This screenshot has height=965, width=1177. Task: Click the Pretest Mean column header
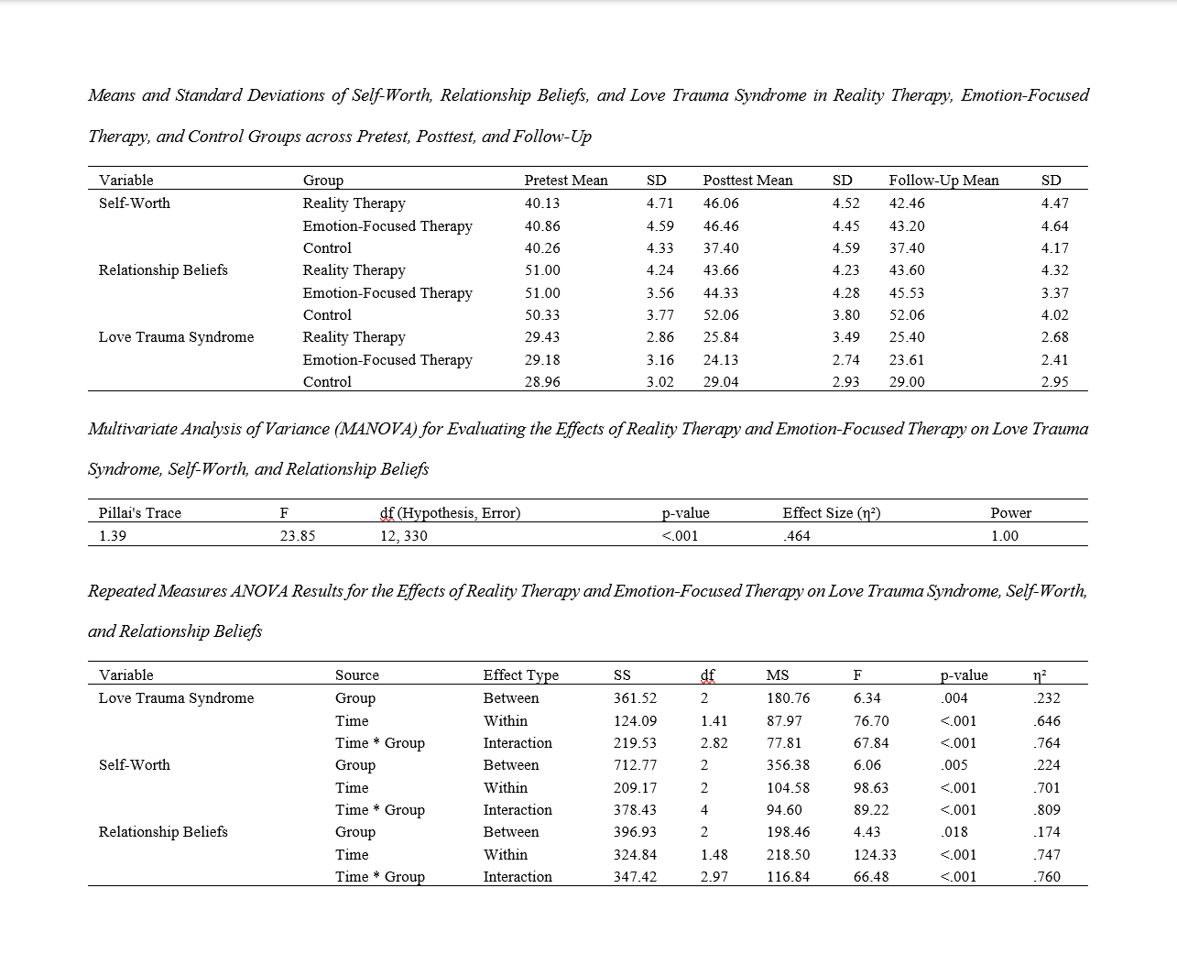click(x=565, y=181)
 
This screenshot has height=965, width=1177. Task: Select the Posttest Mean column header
click(x=747, y=181)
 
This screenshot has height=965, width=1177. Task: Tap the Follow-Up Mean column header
click(x=943, y=181)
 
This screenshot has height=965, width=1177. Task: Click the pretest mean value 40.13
click(x=542, y=203)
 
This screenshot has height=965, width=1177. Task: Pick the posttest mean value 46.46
click(x=721, y=225)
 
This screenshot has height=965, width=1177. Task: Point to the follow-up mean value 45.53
click(x=907, y=293)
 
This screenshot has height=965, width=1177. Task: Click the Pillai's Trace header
click(x=140, y=513)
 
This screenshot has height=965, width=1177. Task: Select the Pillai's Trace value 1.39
click(x=113, y=536)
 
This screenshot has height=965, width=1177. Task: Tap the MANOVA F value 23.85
click(x=298, y=536)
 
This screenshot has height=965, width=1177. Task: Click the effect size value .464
click(x=797, y=536)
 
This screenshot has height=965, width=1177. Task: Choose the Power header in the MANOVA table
click(x=1010, y=513)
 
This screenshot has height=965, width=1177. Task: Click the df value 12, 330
click(x=403, y=536)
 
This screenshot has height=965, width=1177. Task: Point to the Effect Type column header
click(x=520, y=675)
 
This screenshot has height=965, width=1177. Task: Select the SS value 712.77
click(x=635, y=765)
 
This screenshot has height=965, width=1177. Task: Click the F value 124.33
click(x=875, y=855)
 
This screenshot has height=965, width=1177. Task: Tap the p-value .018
click(x=954, y=832)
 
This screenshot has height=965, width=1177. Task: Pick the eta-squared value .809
click(x=1046, y=810)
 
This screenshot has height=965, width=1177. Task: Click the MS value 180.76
click(x=788, y=698)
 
